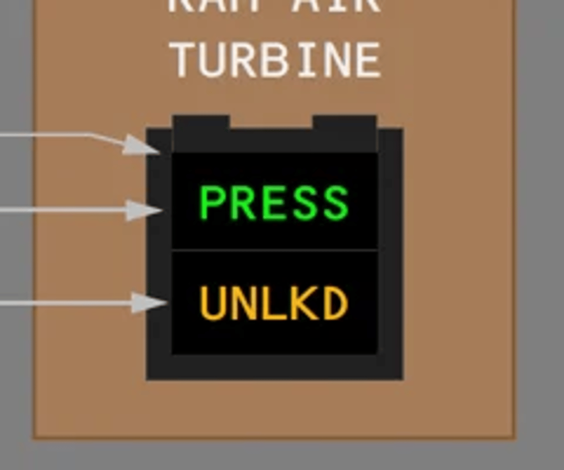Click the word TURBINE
277,61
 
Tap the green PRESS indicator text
274,202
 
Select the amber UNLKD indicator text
274,303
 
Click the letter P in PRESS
211,202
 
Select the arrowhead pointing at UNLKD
149,302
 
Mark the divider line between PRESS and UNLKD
274,249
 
